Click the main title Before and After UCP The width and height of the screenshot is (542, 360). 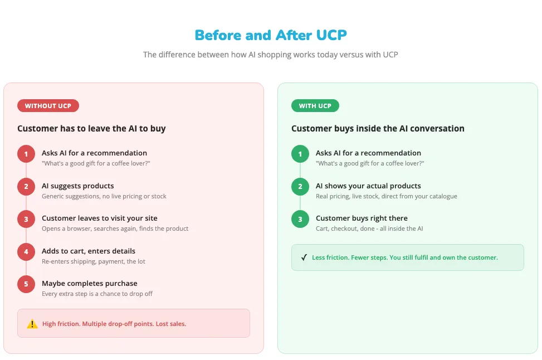(x=271, y=35)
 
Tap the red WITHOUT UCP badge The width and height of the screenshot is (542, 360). (x=48, y=106)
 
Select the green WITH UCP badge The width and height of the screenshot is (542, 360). (x=315, y=106)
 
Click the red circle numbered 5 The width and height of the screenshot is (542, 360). (x=26, y=284)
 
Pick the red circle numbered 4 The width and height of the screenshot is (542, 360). (x=26, y=251)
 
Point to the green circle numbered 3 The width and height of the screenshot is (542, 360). (x=300, y=219)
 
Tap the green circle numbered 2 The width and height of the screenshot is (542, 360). (x=300, y=186)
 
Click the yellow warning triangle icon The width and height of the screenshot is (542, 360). (x=32, y=324)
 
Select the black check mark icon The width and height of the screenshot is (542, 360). (x=304, y=257)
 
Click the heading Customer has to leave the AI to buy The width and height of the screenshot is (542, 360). (x=91, y=129)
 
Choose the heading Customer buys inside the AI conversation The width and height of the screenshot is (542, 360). (x=378, y=129)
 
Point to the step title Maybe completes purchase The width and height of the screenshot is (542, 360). (x=89, y=283)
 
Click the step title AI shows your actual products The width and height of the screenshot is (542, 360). (x=368, y=186)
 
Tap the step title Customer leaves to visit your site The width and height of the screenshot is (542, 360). (x=99, y=218)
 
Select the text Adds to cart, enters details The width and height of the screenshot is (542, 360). (x=88, y=251)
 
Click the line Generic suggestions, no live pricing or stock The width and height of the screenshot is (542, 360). (x=104, y=196)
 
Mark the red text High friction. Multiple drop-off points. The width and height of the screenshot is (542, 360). (x=114, y=324)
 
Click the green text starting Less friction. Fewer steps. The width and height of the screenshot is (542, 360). (x=404, y=257)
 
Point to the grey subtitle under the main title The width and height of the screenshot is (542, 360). (x=271, y=55)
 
